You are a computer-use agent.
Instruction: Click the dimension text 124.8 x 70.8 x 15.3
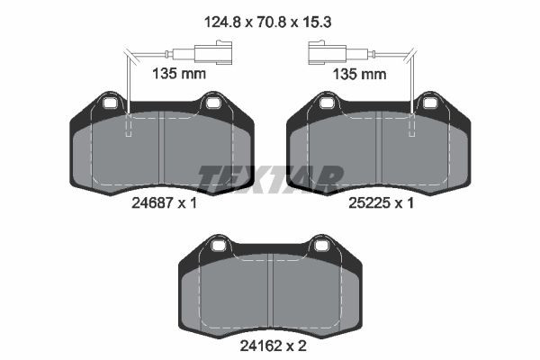[x=267, y=22]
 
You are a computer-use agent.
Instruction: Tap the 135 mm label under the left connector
[x=179, y=74]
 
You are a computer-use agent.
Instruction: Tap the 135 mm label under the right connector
[x=359, y=74]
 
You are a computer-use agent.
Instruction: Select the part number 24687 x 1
[x=164, y=203]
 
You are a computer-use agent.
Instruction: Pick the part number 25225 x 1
[x=381, y=203]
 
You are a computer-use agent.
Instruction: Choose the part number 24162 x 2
[x=273, y=346]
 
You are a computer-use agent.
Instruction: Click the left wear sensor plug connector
[x=212, y=53]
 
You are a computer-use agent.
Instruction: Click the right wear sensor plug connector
[x=328, y=53]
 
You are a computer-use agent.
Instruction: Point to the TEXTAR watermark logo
[x=271, y=178]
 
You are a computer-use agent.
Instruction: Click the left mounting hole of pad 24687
[x=111, y=103]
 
